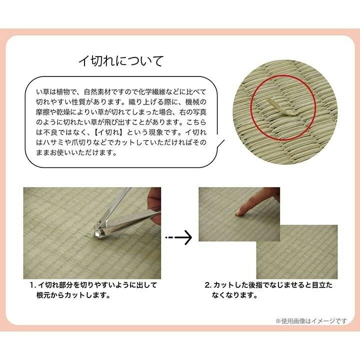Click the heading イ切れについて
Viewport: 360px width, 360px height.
121,61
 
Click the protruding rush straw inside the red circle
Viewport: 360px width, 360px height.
280,107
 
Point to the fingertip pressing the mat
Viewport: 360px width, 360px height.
240,212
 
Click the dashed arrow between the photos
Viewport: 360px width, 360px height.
178,237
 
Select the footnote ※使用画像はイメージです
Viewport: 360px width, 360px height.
311,320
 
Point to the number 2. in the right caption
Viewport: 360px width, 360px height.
208,285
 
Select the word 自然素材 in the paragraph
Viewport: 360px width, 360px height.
98,92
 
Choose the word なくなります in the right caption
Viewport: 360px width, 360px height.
234,295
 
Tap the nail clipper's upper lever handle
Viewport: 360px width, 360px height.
116,204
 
